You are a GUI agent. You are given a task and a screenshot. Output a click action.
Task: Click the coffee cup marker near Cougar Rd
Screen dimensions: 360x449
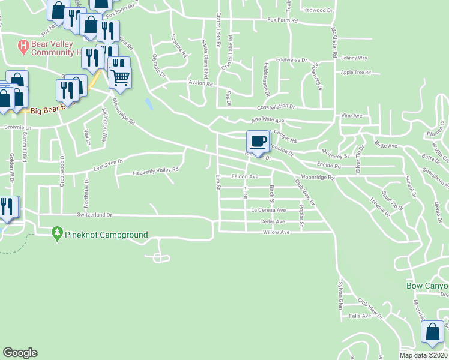click(258, 142)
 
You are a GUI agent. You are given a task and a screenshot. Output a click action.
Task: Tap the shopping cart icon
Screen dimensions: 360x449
click(120, 77)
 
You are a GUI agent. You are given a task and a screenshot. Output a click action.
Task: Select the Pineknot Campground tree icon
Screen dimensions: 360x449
click(58, 232)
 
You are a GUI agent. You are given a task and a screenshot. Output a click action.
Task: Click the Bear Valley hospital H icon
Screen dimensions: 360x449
click(23, 46)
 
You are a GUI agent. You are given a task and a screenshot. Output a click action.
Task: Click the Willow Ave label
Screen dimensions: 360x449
click(277, 232)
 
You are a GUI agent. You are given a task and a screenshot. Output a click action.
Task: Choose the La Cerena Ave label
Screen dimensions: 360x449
click(268, 210)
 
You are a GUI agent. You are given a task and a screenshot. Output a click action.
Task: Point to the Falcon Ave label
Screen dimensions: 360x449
click(245, 176)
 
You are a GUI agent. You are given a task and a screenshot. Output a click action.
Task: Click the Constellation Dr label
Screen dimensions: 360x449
click(276, 106)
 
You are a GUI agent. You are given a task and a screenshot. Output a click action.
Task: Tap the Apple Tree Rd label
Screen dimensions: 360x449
click(355, 72)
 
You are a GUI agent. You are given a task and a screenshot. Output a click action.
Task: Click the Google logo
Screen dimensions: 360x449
click(20, 353)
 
